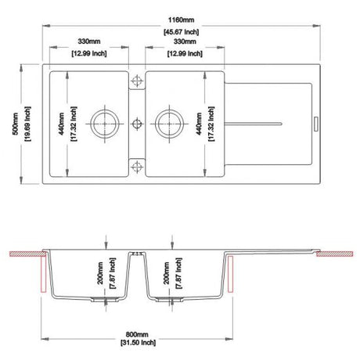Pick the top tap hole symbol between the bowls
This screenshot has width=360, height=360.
[x=137, y=81]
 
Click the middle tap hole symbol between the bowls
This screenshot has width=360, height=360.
[x=137, y=122]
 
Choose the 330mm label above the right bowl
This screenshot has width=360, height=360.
[x=185, y=40]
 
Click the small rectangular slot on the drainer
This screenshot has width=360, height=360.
[x=317, y=123]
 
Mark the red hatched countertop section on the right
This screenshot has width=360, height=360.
[x=337, y=254]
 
